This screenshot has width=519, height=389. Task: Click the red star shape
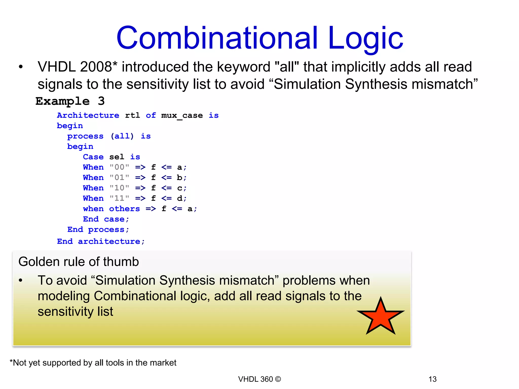pyautogui.click(x=381, y=317)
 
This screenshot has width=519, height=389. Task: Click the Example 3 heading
pyautogui.click(x=70, y=101)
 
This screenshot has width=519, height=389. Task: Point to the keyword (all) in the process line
pyautogui.click(x=122, y=136)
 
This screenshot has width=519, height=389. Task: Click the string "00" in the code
pyautogui.click(x=119, y=167)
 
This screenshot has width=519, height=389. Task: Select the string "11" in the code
pyautogui.click(x=119, y=198)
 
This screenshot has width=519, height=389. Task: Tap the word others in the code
pyautogui.click(x=124, y=209)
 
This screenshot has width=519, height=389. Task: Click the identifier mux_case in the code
pyautogui.click(x=182, y=115)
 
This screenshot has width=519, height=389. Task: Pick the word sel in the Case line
pyautogui.click(x=117, y=157)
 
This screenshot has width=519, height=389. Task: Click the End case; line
pyautogui.click(x=106, y=219)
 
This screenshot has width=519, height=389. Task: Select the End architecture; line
pyautogui.click(x=101, y=241)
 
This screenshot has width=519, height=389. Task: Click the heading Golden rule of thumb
pyautogui.click(x=79, y=262)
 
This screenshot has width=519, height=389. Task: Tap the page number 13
pyautogui.click(x=432, y=379)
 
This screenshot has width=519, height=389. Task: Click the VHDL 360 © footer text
pyautogui.click(x=259, y=379)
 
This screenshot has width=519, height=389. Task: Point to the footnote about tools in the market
pyautogui.click(x=93, y=363)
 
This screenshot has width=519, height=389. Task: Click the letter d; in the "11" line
pyautogui.click(x=181, y=198)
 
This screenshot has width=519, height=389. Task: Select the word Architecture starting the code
pyautogui.click(x=88, y=115)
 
